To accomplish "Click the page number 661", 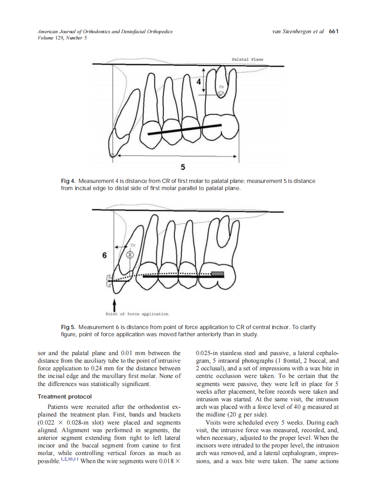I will tap(333, 31).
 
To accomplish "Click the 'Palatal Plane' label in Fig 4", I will tap(247, 59).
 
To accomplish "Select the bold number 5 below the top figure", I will tap(183, 167).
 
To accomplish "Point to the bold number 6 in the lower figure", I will tap(104, 256).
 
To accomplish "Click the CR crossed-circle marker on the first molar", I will tap(221, 94).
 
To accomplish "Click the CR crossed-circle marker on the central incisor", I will tap(130, 255).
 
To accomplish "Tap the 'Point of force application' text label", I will tap(137, 314).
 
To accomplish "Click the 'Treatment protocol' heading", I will tap(65, 397).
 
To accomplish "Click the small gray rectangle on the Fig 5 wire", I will tap(218, 273).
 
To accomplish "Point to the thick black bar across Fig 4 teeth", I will tap(184, 130).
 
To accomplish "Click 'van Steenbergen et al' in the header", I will tap(298, 31).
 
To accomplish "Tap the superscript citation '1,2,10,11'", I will tap(70, 460).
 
